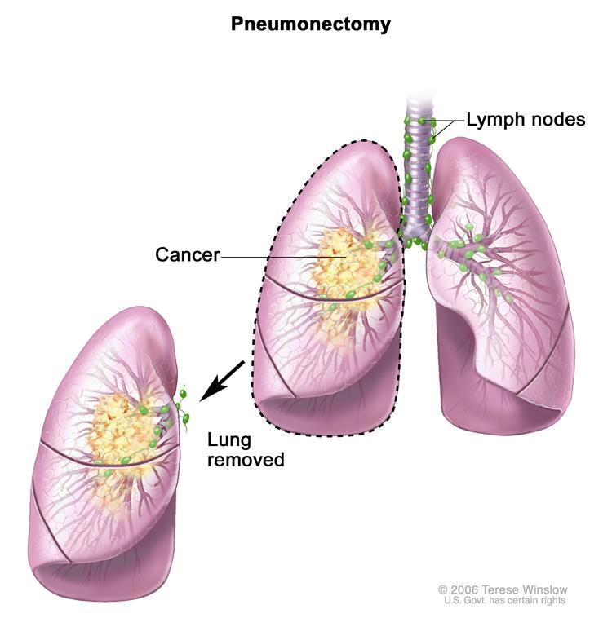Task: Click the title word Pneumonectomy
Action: (310, 24)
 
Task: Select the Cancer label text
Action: (187, 255)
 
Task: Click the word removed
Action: (245, 461)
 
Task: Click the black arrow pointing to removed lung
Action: (221, 379)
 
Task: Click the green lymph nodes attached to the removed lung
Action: (184, 408)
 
